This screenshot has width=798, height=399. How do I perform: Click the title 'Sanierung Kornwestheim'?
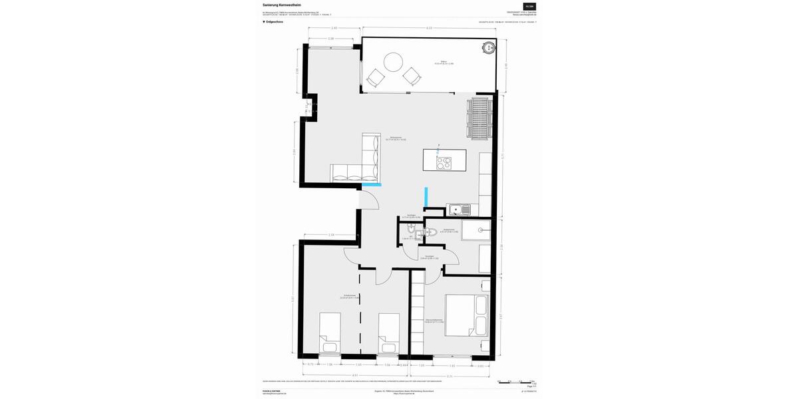[281, 5]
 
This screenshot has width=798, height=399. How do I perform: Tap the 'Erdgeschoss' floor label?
[273, 22]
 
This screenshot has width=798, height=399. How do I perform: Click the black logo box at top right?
[529, 6]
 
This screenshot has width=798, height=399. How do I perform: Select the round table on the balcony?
[393, 62]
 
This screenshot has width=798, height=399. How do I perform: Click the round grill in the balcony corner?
[489, 47]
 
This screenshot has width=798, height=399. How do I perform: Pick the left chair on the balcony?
[376, 77]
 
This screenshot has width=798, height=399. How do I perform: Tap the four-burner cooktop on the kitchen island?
[444, 164]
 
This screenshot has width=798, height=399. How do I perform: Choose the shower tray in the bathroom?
[476, 230]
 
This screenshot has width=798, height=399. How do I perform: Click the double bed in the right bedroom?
[467, 315]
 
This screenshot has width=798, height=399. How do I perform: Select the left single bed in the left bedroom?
[330, 333]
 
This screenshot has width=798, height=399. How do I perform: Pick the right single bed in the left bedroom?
[388, 333]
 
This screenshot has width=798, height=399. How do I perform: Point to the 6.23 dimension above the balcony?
[430, 28]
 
